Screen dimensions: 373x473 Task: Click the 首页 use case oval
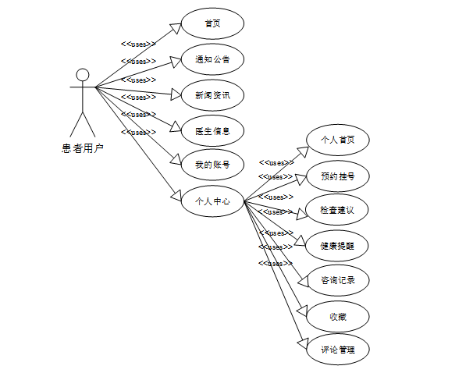[x=212, y=23]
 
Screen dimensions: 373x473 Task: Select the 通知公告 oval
[x=212, y=59]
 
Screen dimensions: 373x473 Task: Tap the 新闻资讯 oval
[x=212, y=95]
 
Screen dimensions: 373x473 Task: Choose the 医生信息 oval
[x=212, y=130]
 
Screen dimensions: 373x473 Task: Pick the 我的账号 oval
[x=212, y=165]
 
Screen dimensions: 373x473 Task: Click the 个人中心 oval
[x=212, y=201]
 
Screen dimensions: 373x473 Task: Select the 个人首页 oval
[x=337, y=140]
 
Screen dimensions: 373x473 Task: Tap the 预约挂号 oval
[x=337, y=176]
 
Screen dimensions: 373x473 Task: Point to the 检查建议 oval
[x=337, y=211]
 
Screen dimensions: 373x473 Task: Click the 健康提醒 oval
[x=337, y=246]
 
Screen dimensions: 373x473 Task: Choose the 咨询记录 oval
[x=337, y=280]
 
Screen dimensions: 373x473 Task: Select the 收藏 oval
[x=337, y=317]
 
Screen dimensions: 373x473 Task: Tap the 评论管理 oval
[x=337, y=350]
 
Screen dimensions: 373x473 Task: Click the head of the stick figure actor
[x=82, y=75]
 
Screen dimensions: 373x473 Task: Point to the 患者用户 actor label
[x=82, y=147]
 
